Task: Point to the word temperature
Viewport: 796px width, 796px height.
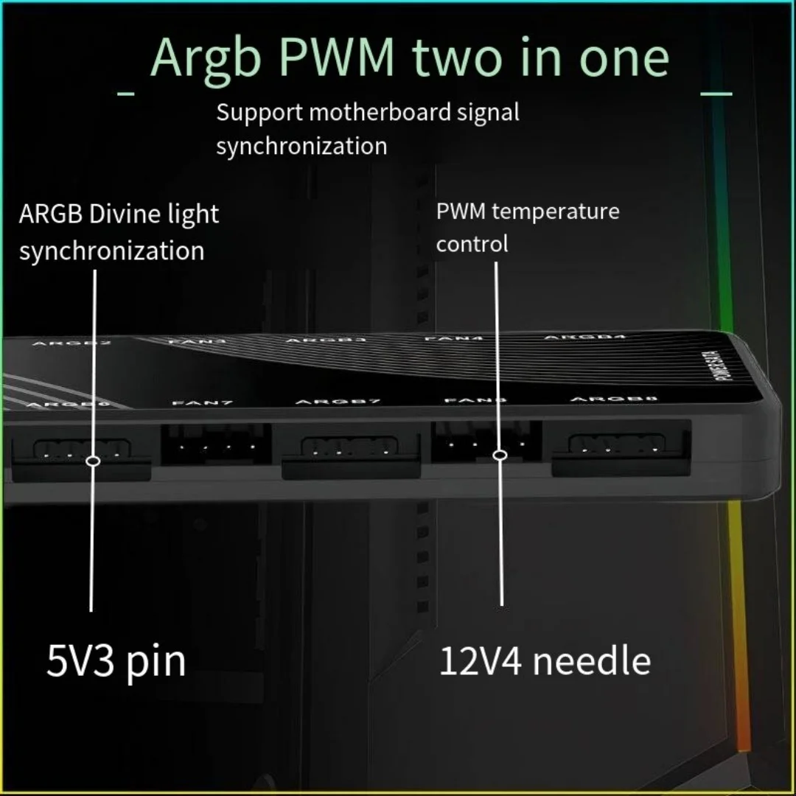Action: point(556,212)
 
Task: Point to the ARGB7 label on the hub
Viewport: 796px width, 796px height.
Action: point(338,402)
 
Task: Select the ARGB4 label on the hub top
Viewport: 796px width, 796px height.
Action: point(584,338)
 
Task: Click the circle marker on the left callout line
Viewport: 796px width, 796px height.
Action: point(93,461)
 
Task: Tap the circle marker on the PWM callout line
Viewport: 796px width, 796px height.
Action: point(500,455)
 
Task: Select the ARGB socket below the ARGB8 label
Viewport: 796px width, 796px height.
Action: point(621,444)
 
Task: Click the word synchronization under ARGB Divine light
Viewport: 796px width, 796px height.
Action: point(111,251)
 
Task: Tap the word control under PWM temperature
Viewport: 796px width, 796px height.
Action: point(472,244)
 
